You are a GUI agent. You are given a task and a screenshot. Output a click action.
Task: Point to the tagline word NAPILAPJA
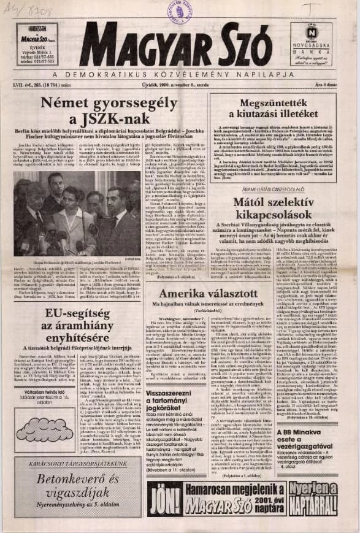tap(250, 73)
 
